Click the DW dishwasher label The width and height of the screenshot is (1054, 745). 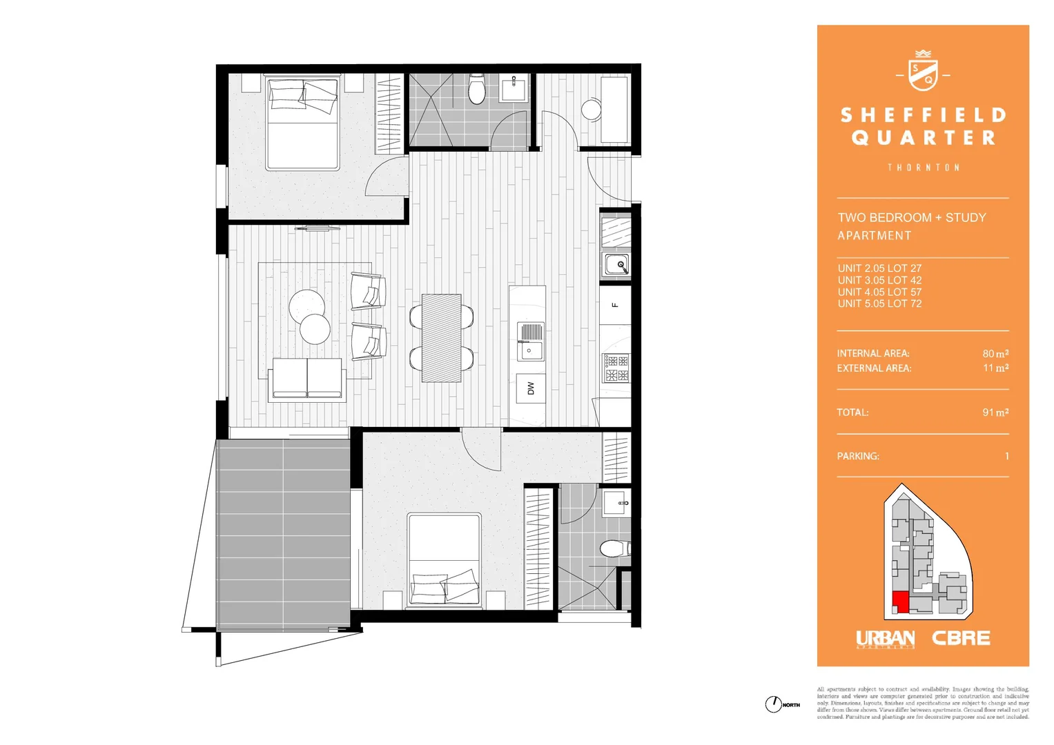coord(530,389)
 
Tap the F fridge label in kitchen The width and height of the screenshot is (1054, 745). coord(614,305)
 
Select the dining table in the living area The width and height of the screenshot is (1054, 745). coord(441,338)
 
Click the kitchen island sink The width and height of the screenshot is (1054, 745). coord(530,341)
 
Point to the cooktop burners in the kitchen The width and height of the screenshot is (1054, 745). coord(616,368)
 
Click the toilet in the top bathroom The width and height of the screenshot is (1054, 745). coord(477,89)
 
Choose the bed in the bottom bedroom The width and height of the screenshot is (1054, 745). coord(444,559)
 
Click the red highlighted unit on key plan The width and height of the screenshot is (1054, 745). coord(900,601)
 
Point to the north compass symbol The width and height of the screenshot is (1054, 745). coord(773,704)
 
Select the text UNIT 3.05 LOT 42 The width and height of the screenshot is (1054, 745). coord(879,280)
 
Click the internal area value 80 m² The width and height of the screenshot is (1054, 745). coord(995,353)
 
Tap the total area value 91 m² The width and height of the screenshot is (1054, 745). coord(995,413)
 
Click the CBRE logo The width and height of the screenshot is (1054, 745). coord(961,639)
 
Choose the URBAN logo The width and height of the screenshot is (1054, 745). coord(885,639)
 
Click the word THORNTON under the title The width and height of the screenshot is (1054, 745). coord(923,168)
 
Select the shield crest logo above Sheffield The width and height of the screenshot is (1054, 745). coord(922,72)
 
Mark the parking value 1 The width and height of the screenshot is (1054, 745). coord(1006,456)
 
